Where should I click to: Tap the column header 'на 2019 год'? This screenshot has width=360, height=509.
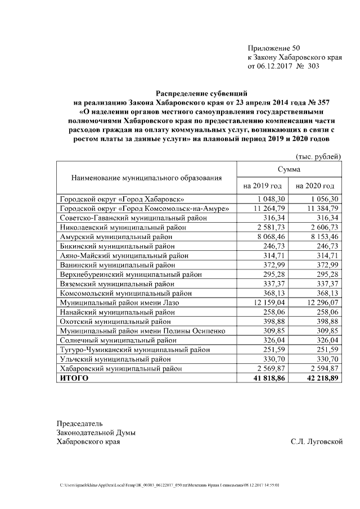pyautogui.click(x=262, y=186)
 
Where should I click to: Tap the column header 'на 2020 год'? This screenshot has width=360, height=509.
pyautogui.click(x=315, y=186)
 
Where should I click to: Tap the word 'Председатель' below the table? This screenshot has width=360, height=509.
pyautogui.click(x=79, y=423)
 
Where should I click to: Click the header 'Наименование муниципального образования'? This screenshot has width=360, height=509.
pyautogui.click(x=146, y=178)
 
